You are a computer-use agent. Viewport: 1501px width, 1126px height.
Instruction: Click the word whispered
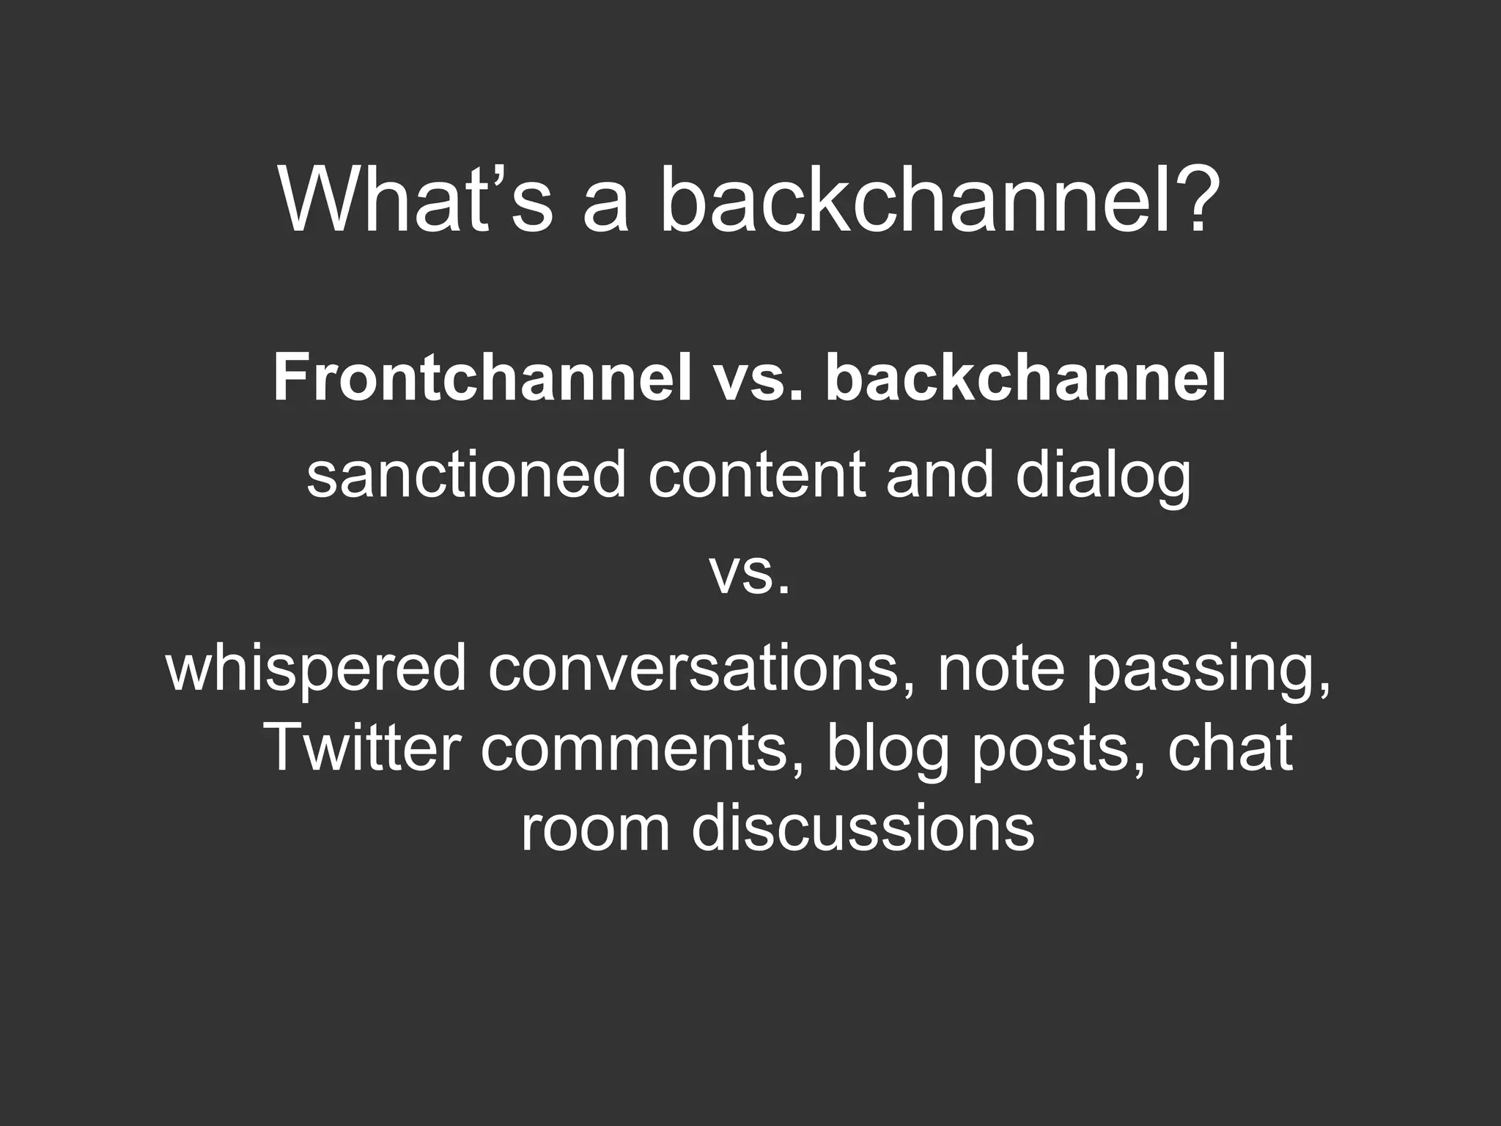click(x=316, y=669)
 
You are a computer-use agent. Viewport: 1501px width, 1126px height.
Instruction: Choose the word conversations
click(x=693, y=669)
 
